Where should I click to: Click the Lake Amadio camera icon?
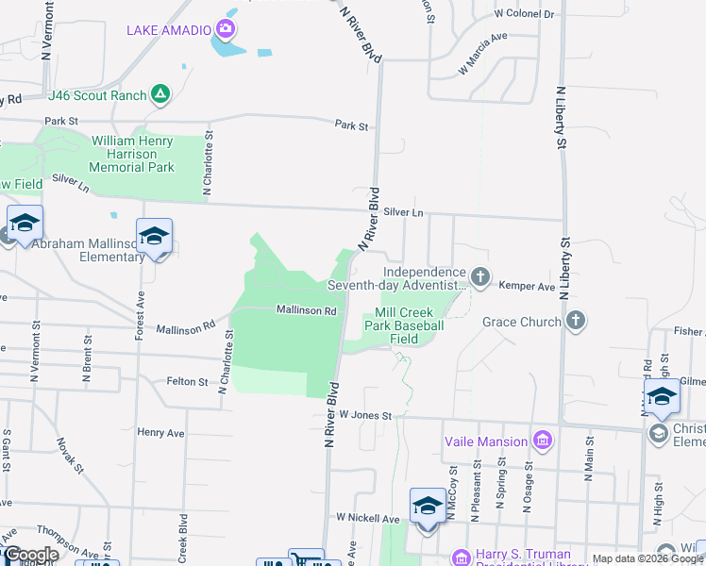[226, 29]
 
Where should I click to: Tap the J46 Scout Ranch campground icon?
[161, 94]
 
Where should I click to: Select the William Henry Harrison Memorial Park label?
[132, 154]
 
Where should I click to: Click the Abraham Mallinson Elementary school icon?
[154, 236]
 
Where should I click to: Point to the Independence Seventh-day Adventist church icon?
[480, 276]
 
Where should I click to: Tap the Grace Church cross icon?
[575, 322]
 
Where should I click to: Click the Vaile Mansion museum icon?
[542, 441]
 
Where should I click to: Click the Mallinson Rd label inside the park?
[307, 309]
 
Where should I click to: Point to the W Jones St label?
[364, 414]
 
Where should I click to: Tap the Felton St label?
[187, 381]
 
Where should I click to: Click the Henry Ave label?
[160, 432]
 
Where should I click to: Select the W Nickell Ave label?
[368, 519]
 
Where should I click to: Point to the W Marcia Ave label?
[482, 55]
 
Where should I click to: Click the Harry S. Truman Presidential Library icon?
[461, 558]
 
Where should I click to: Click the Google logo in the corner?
[30, 555]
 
